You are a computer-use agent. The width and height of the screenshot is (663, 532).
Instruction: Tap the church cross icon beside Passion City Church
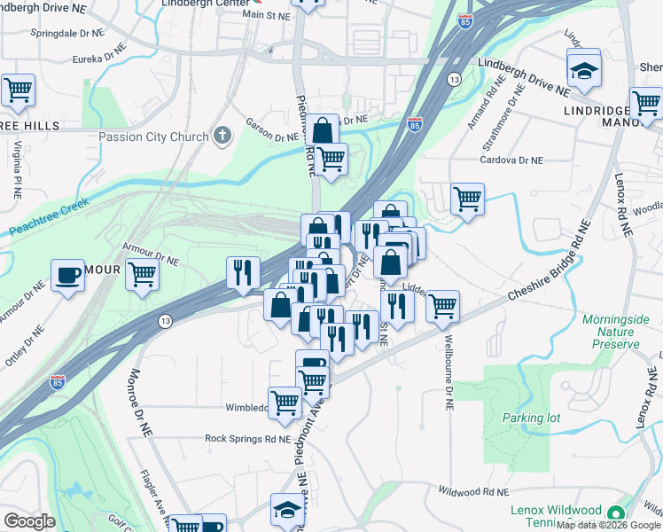click(222, 136)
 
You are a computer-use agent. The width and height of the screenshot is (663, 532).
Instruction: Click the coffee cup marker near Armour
click(67, 276)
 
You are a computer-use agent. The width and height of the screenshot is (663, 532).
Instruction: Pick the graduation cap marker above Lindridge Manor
click(584, 69)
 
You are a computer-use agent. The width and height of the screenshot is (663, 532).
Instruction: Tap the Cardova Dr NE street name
click(511, 160)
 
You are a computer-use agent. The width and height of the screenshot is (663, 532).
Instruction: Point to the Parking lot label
click(526, 418)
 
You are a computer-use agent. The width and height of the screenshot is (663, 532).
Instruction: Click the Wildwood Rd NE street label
click(472, 491)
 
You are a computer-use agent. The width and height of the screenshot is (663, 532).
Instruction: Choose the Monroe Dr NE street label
click(143, 402)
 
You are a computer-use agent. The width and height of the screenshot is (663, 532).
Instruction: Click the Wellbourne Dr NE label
click(448, 372)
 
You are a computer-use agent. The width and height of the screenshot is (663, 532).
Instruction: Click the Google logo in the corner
click(28, 521)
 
